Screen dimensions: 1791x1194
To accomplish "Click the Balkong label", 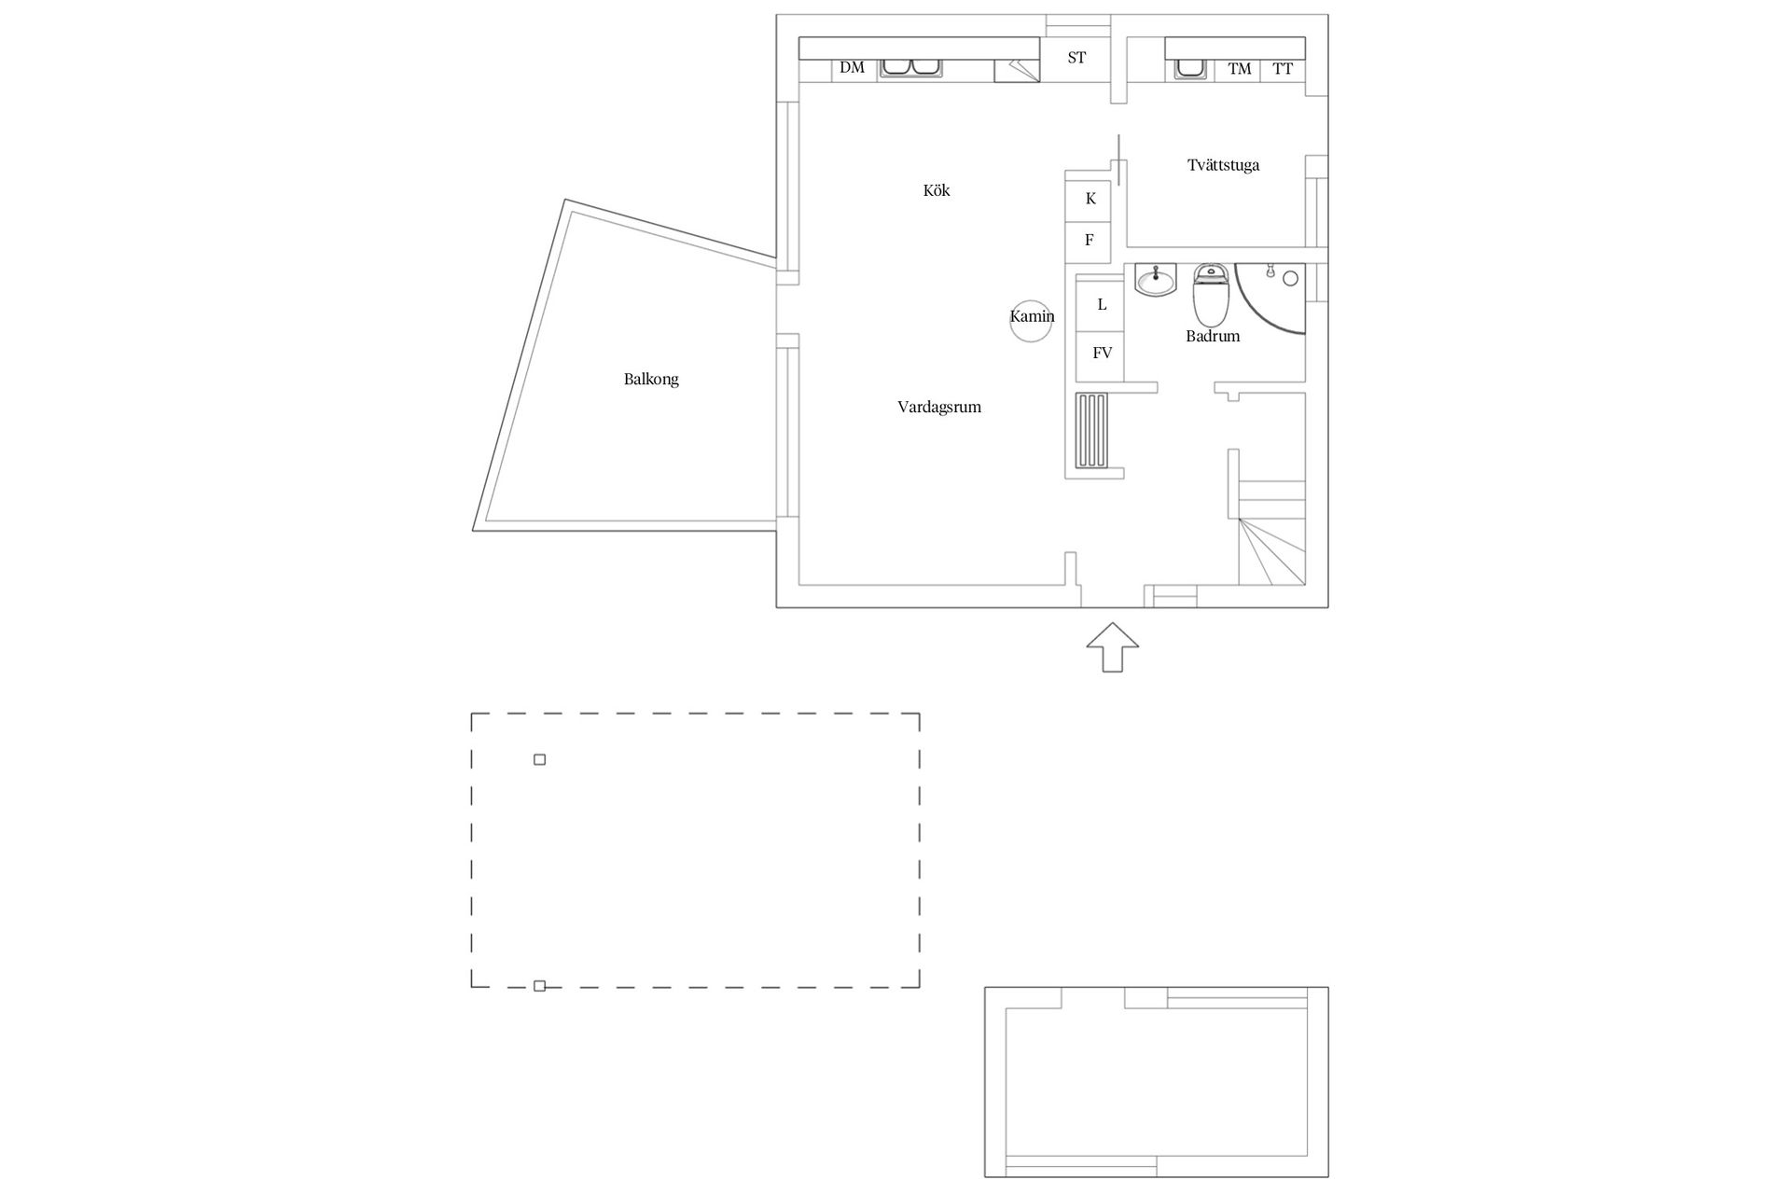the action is click(651, 380).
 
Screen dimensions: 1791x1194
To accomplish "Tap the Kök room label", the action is click(937, 190).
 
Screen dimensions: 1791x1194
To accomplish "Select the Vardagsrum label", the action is click(939, 408).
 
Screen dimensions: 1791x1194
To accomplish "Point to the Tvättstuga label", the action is click(1223, 165).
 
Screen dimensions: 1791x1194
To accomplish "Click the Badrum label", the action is click(1213, 336).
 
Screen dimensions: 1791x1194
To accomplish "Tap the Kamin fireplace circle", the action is click(1032, 322).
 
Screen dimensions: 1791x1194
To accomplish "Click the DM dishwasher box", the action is click(854, 69).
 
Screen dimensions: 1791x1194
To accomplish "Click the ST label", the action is click(1076, 58).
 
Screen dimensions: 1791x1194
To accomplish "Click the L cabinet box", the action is click(1101, 305).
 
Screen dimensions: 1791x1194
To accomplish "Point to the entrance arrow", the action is click(1113, 647).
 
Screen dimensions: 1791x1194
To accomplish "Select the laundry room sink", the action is click(1190, 69).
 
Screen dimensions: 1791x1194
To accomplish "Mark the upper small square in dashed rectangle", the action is click(539, 759).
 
